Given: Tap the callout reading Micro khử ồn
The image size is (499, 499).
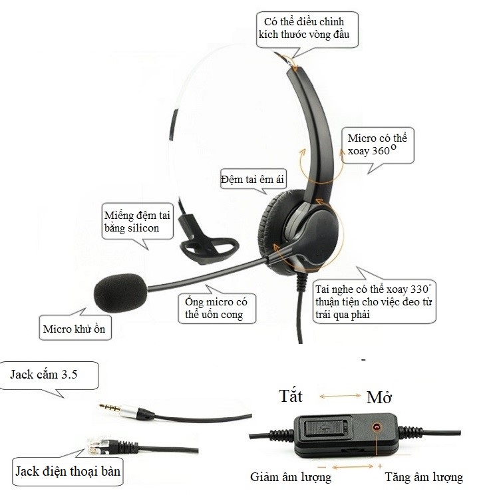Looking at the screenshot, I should [74, 329].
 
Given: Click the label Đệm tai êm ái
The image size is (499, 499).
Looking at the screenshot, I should [250, 180].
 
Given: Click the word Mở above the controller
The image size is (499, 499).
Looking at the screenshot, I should [379, 398].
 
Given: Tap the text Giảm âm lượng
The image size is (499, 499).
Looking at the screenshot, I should [291, 477].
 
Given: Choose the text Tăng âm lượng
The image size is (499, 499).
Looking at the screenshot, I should [423, 477].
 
